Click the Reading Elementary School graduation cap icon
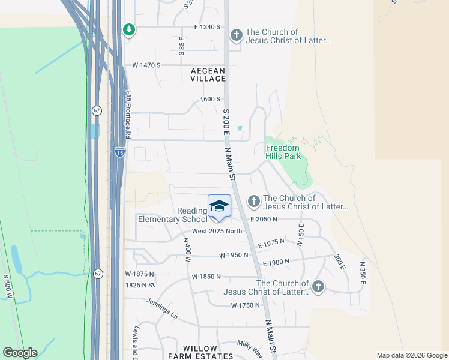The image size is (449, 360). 219,206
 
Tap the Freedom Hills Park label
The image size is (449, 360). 283,152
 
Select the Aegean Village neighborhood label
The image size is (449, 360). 208,74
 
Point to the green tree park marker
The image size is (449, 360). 128,29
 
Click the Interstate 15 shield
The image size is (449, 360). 120,152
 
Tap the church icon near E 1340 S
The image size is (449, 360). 237,35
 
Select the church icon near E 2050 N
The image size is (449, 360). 254,201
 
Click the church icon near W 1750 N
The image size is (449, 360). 318,287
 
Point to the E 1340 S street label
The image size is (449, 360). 208,27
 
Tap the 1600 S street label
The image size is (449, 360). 210,99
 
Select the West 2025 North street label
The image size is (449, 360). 217,232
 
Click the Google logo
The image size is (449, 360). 20,353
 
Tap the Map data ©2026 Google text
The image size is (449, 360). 411,355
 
